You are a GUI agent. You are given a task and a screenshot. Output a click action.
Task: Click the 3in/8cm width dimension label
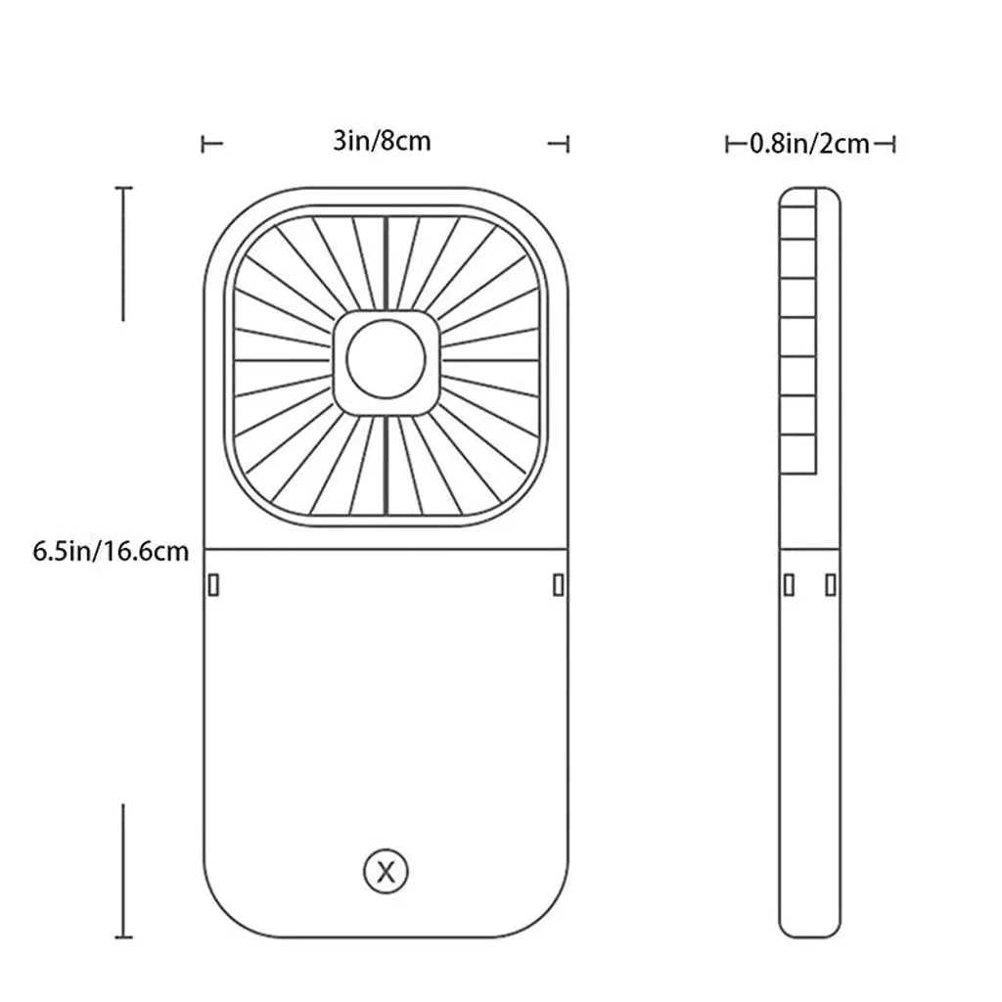382,141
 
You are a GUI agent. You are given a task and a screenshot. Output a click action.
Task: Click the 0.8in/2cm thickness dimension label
809,145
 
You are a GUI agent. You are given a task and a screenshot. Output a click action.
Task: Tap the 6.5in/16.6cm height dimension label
111,551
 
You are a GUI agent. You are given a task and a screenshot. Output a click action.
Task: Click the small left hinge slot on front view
213,584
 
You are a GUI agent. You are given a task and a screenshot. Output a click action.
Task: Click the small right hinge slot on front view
559,584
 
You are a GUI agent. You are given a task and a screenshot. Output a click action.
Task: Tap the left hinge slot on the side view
788,584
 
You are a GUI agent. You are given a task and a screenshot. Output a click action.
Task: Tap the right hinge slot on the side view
831,584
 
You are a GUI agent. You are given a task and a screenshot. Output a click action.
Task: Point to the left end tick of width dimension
204,144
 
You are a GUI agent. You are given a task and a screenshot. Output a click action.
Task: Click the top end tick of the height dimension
122,189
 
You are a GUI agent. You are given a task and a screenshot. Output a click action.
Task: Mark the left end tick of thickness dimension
727,145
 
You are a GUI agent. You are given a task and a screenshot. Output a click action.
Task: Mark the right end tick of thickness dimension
894,145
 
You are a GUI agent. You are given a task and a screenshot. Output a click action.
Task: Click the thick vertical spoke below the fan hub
387,465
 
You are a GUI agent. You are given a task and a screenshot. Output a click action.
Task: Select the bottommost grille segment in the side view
798,456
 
